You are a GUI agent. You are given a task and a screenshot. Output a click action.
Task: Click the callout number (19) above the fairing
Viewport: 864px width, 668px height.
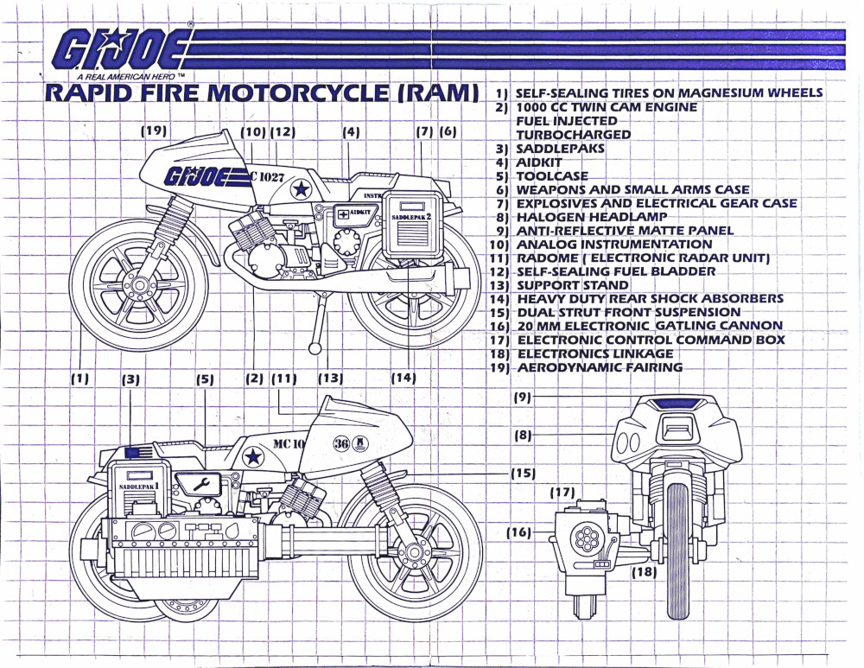pyautogui.click(x=154, y=130)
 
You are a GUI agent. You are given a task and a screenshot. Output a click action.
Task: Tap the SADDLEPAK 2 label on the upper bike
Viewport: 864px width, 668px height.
pyautogui.click(x=411, y=217)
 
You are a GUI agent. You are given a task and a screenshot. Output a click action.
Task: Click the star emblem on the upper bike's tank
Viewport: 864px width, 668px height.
pyautogui.click(x=301, y=189)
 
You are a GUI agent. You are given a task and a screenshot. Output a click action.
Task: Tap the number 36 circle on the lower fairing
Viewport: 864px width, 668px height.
pyautogui.click(x=341, y=444)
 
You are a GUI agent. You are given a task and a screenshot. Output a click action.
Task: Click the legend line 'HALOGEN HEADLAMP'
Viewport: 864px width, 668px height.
pyautogui.click(x=591, y=217)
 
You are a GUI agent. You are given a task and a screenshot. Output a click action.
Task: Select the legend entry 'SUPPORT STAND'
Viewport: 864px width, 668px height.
pyautogui.click(x=573, y=285)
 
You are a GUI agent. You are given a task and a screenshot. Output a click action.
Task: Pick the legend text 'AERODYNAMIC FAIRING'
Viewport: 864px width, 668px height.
pyautogui.click(x=600, y=367)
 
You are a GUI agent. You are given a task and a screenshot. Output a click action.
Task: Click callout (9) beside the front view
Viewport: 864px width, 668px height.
pyautogui.click(x=522, y=397)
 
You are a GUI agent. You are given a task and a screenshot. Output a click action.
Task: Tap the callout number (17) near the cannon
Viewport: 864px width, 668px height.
pyautogui.click(x=562, y=493)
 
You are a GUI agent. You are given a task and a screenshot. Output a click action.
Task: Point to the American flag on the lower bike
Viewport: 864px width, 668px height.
pyautogui.click(x=138, y=453)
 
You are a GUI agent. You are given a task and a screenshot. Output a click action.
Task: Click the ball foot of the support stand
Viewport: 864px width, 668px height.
pyautogui.click(x=314, y=348)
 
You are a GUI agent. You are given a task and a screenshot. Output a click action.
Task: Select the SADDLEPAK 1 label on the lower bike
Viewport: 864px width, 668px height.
pyautogui.click(x=139, y=487)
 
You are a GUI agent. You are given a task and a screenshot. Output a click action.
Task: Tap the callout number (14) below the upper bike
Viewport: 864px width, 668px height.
pyautogui.click(x=403, y=379)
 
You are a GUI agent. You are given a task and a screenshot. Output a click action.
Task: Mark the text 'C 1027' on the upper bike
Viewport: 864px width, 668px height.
pyautogui.click(x=267, y=177)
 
